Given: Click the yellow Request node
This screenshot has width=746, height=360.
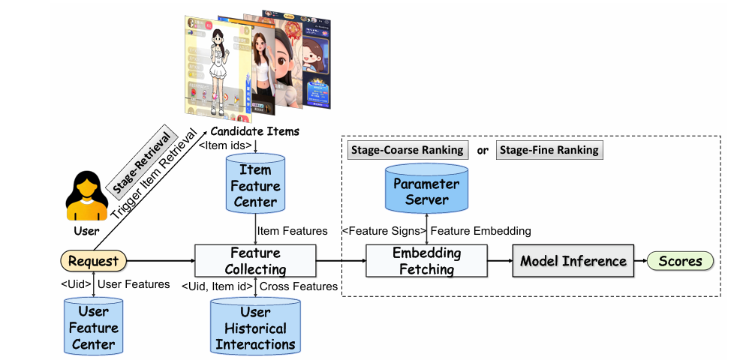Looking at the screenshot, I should pyautogui.click(x=94, y=261).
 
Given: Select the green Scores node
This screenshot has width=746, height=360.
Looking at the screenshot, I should pyautogui.click(x=680, y=261).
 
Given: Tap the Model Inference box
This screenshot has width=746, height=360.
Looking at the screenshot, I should pyautogui.click(x=573, y=261).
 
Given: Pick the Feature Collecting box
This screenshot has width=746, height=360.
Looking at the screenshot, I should pyautogui.click(x=255, y=261).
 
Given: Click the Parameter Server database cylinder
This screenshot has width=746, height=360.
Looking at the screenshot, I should pyautogui.click(x=427, y=189).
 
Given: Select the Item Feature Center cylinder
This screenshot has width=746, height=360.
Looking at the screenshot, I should pyautogui.click(x=256, y=184).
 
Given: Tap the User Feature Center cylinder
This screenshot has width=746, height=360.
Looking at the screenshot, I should pyautogui.click(x=93, y=327).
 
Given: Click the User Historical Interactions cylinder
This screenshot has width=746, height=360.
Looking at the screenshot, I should pyautogui.click(x=255, y=327).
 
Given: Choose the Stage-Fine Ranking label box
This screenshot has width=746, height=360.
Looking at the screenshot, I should pyautogui.click(x=549, y=150).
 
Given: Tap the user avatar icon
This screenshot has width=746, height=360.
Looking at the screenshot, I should pyautogui.click(x=87, y=193).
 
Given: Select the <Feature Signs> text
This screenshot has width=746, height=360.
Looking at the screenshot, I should pyautogui.click(x=384, y=231).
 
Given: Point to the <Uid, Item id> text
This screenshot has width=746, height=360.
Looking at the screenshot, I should pyautogui.click(x=218, y=286).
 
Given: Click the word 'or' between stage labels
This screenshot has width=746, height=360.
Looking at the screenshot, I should pyautogui.click(x=483, y=150).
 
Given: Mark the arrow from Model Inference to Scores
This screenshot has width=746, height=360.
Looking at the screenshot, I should pyautogui.click(x=640, y=261).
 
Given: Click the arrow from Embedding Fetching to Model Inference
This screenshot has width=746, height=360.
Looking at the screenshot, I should pyautogui.click(x=498, y=261).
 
